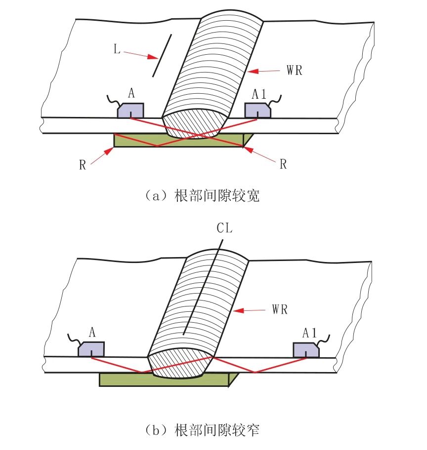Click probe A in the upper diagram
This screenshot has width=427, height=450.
pos(130,110)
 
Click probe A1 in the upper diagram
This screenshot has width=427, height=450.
pos(257,111)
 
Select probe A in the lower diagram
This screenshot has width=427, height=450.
pos(91,349)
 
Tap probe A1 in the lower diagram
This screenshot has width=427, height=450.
pos(306,350)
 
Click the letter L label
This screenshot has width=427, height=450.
pos(117,49)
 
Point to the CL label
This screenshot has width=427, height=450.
pos(224,228)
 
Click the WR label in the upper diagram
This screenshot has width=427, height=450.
pos(295,70)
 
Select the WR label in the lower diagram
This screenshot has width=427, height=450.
pos(280,309)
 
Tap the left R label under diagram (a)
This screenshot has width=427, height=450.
pos(83,165)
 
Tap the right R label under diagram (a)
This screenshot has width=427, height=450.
pos(283,164)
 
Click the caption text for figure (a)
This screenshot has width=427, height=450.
pos(203,196)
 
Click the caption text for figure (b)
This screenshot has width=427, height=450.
pos(203,430)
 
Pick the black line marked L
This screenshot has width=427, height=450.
pos(162,55)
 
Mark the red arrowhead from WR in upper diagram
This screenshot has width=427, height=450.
pos(253,71)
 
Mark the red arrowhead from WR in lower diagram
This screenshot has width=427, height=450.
pos(238,310)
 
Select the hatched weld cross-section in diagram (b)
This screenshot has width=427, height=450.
pos(180,362)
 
